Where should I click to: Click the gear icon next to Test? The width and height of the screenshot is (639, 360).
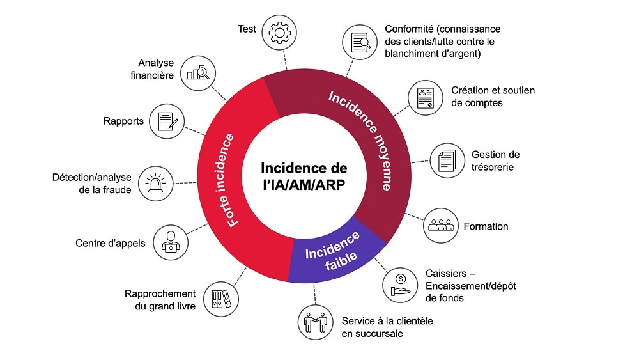coord(279,33)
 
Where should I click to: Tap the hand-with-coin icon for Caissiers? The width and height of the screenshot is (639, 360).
coord(400,283)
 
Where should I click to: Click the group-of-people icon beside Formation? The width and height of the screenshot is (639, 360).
coord(442,225)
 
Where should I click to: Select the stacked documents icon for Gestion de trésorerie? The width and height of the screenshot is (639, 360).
coord(447,160)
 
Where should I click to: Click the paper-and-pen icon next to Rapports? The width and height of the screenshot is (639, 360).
coord(167,121)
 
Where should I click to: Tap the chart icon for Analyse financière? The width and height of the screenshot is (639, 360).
coord(198,71)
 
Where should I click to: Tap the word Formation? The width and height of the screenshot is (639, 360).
coord(486,226)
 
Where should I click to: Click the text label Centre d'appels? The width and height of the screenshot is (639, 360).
coord(110,243)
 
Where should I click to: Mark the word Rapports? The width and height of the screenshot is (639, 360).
coord(123,121)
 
